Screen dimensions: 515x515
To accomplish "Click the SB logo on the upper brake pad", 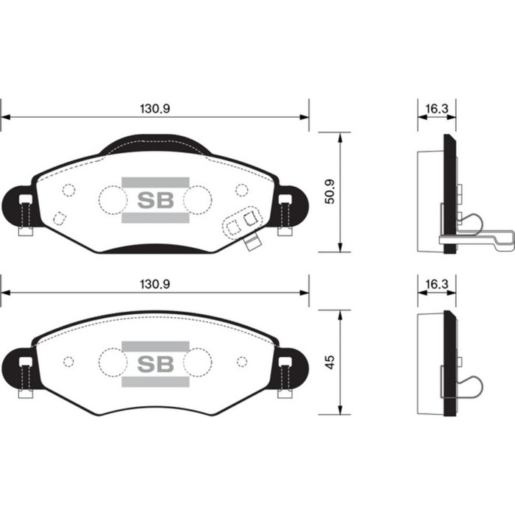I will (x=155, y=199).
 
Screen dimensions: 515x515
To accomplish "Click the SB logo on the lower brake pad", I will (x=155, y=363).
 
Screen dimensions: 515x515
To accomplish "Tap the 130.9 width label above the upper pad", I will (x=154, y=108).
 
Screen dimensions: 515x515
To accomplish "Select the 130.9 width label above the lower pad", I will (x=154, y=284).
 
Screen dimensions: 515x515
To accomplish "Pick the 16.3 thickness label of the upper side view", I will (x=436, y=108).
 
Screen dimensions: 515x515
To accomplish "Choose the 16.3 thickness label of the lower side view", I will (x=436, y=284).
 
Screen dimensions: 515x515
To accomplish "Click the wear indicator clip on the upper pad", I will (x=244, y=224).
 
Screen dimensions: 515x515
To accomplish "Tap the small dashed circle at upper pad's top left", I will (x=69, y=190).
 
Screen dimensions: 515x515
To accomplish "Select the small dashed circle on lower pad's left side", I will (x=68, y=361).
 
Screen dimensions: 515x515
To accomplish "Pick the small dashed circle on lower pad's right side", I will (x=241, y=361).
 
